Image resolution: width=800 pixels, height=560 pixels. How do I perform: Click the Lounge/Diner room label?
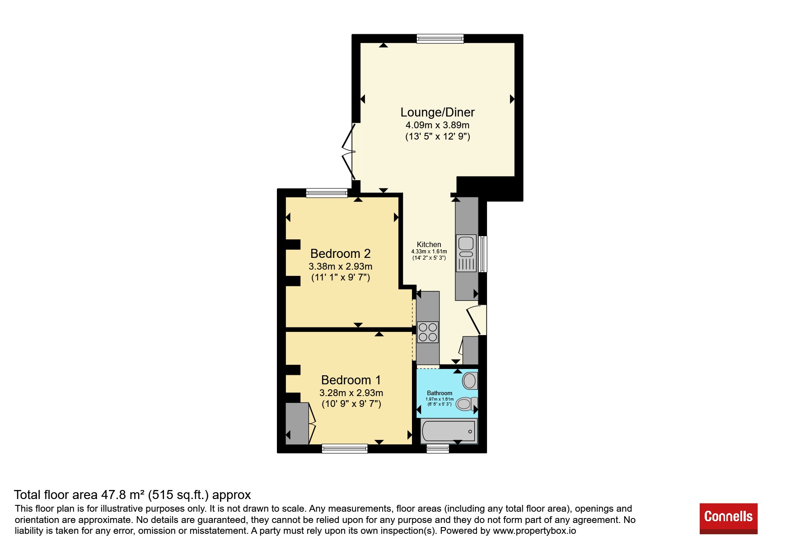tap(437, 112)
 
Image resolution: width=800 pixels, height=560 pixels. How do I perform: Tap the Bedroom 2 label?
tap(341, 253)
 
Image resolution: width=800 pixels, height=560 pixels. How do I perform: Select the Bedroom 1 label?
tap(351, 380)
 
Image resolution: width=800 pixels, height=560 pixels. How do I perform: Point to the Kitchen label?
tap(429, 244)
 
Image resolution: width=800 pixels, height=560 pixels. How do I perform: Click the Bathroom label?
tap(440, 393)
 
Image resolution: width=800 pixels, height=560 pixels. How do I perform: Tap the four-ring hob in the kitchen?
tap(428, 332)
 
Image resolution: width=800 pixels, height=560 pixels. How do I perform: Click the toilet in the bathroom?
tap(466, 403)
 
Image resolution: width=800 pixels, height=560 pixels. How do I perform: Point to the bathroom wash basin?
tap(470, 381)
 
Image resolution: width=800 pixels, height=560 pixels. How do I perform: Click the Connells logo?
tap(728, 518)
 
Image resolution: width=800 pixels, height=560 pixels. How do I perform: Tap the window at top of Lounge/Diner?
tap(440, 39)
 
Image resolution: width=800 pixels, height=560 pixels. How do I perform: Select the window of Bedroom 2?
tap(327, 193)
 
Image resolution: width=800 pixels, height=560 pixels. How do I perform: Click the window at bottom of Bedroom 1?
tap(345, 448)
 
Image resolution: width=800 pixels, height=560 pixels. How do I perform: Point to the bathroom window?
tap(438, 448)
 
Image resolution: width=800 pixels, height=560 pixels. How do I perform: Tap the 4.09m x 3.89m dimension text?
tap(437, 125)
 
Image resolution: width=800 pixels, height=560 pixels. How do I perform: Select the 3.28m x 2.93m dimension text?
tap(351, 393)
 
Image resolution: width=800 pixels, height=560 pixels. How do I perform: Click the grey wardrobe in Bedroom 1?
tap(297, 423)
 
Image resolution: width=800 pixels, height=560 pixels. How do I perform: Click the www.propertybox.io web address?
tap(534, 531)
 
